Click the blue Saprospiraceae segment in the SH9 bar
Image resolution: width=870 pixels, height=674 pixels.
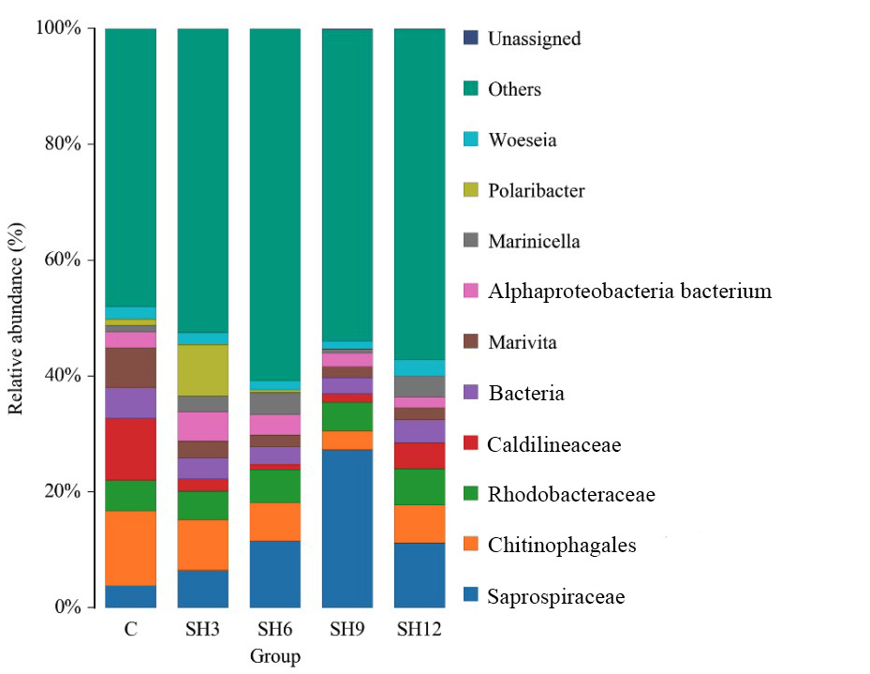tap(347, 528)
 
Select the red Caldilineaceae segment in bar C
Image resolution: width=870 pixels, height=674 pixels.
tap(130, 449)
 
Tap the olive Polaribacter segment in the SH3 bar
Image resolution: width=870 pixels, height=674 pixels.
tap(203, 370)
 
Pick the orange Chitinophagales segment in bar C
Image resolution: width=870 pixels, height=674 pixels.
tap(130, 548)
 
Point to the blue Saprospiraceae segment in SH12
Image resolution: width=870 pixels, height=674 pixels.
tap(420, 575)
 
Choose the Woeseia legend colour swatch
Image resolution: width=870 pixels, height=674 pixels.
tap(471, 141)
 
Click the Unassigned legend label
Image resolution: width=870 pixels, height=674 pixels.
tap(534, 39)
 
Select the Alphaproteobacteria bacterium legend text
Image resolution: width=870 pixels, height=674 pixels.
tap(629, 292)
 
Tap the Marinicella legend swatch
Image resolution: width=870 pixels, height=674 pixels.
tap(471, 242)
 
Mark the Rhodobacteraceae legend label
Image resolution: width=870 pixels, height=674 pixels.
tap(570, 495)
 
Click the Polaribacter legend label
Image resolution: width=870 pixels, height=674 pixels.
tap(536, 191)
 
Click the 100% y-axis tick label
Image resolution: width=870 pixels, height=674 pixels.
tap(58, 28)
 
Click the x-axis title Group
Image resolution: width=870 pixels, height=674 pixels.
tap(275, 656)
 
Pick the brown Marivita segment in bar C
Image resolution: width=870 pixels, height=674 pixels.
tap(130, 367)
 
